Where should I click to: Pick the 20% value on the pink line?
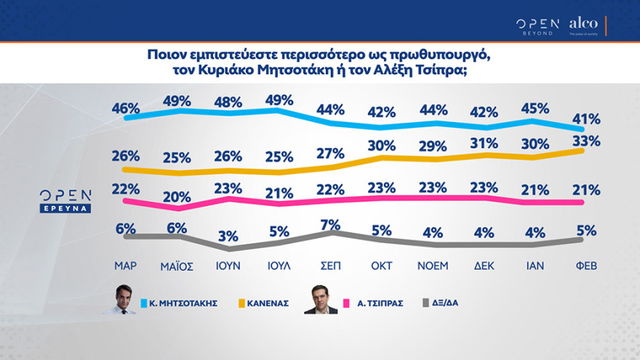(x=177, y=196)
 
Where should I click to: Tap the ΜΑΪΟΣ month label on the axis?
(x=177, y=265)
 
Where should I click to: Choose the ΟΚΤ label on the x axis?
(x=383, y=265)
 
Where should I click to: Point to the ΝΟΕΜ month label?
(x=433, y=265)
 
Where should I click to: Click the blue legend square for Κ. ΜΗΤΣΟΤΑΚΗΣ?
(x=146, y=301)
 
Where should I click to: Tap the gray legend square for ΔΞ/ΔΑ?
(x=426, y=301)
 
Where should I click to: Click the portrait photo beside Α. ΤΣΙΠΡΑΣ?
(x=320, y=299)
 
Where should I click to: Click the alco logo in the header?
(x=583, y=24)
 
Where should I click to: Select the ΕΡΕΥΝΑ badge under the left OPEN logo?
(x=65, y=208)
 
